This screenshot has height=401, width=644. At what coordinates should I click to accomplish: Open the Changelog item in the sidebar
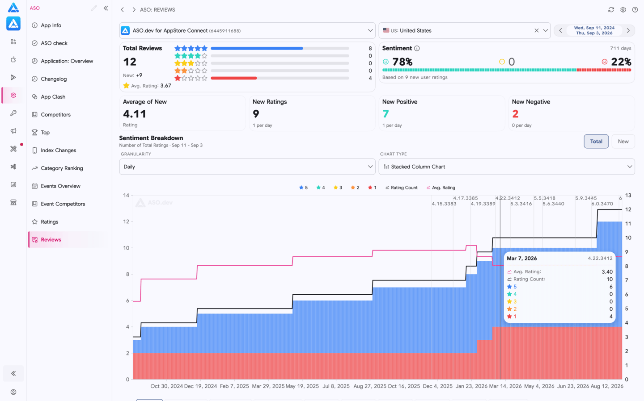pyautogui.click(x=54, y=79)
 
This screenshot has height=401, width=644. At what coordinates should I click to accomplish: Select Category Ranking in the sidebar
pyautogui.click(x=62, y=168)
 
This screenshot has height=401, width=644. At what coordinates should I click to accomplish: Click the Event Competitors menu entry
pyautogui.click(x=63, y=204)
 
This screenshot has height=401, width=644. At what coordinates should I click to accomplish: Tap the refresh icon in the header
pyautogui.click(x=611, y=10)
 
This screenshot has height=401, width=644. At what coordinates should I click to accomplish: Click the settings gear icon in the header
pyautogui.click(x=623, y=10)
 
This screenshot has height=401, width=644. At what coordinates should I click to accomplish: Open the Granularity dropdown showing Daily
pyautogui.click(x=247, y=167)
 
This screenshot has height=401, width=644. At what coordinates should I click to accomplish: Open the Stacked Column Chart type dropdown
pyautogui.click(x=507, y=167)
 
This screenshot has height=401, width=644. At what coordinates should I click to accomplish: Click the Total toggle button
pyautogui.click(x=596, y=142)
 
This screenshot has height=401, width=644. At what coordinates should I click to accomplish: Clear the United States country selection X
pyautogui.click(x=537, y=30)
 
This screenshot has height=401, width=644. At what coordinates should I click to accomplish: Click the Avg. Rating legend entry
pyautogui.click(x=441, y=188)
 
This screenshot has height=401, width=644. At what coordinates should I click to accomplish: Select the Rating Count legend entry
pyautogui.click(x=401, y=188)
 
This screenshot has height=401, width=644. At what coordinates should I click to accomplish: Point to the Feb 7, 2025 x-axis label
pyautogui.click(x=234, y=386)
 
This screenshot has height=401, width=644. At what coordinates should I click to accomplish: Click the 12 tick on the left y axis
pyautogui.click(x=126, y=221)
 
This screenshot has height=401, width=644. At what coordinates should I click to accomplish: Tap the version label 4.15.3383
pyautogui.click(x=444, y=204)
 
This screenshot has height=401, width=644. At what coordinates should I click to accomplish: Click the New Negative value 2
pyautogui.click(x=515, y=114)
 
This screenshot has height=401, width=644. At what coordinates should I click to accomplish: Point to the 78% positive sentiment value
pyautogui.click(x=402, y=62)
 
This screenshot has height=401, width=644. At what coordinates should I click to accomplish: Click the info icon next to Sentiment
pyautogui.click(x=417, y=49)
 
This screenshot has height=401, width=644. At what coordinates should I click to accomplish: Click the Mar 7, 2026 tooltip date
pyautogui.click(x=521, y=259)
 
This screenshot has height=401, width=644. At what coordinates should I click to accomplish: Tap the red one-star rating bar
pyautogui.click(x=233, y=78)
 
